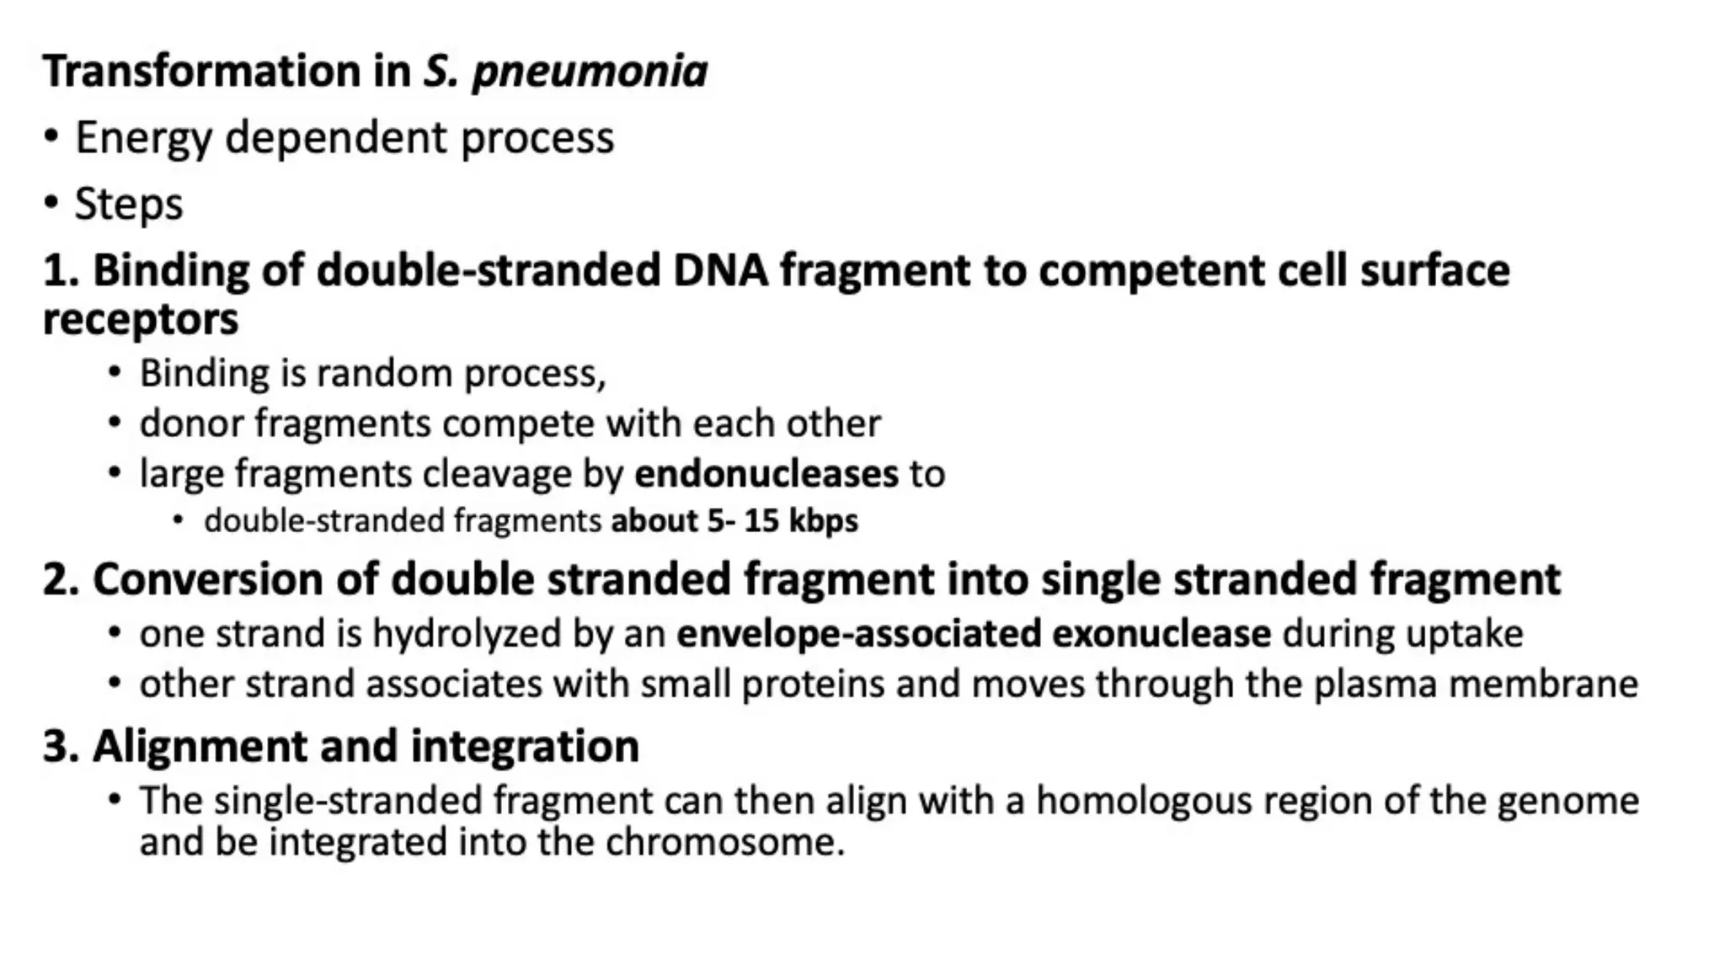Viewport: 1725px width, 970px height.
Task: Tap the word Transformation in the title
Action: [202, 71]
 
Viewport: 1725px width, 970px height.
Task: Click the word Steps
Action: [128, 205]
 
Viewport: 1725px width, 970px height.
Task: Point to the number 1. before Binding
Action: [61, 271]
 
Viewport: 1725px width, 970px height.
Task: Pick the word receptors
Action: [141, 320]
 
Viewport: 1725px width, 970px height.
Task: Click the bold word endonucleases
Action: [766, 474]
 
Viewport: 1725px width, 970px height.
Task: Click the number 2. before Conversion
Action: [61, 580]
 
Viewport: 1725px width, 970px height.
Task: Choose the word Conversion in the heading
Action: [207, 580]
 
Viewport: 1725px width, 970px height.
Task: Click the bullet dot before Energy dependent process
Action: [52, 137]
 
